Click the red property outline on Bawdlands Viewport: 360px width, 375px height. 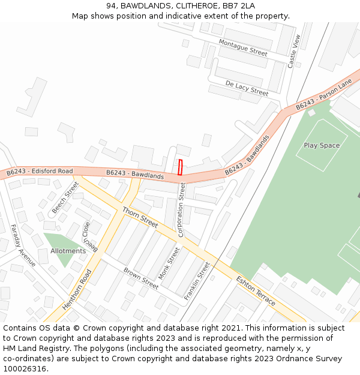[x=180, y=167]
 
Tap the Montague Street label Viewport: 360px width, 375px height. [x=243, y=47]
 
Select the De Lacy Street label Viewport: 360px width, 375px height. [x=247, y=88]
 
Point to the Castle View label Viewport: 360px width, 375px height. [x=293, y=50]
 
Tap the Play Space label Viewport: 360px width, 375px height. [x=322, y=145]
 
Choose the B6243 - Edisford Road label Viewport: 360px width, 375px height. [x=40, y=172]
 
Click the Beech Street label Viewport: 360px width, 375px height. [x=65, y=197]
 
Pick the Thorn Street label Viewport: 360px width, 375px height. [x=140, y=217]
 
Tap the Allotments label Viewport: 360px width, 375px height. [x=68, y=251]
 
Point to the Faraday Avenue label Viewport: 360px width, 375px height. [x=23, y=245]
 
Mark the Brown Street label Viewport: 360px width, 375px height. [x=141, y=278]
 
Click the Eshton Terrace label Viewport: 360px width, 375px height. [x=256, y=291]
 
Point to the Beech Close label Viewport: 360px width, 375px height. [x=89, y=236]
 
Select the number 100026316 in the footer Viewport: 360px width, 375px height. [x=24, y=368]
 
